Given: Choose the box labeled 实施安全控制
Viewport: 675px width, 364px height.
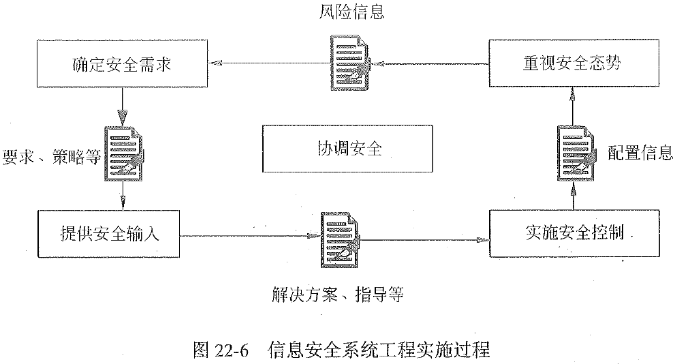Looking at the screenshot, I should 575,234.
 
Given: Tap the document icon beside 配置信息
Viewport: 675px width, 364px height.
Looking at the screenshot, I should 574,153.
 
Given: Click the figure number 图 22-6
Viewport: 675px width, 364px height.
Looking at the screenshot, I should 222,350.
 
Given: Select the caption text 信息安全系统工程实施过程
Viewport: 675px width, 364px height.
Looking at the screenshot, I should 379,350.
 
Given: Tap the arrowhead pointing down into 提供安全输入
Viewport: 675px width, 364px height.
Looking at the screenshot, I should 123,203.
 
